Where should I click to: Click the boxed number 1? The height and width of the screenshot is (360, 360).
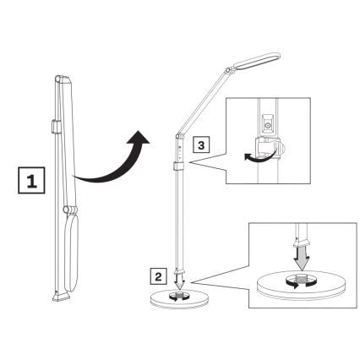(29, 179)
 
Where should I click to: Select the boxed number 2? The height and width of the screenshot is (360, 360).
(158, 274)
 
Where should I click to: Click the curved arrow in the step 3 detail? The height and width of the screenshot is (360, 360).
(250, 156)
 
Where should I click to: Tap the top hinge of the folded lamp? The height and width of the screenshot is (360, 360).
(58, 79)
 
